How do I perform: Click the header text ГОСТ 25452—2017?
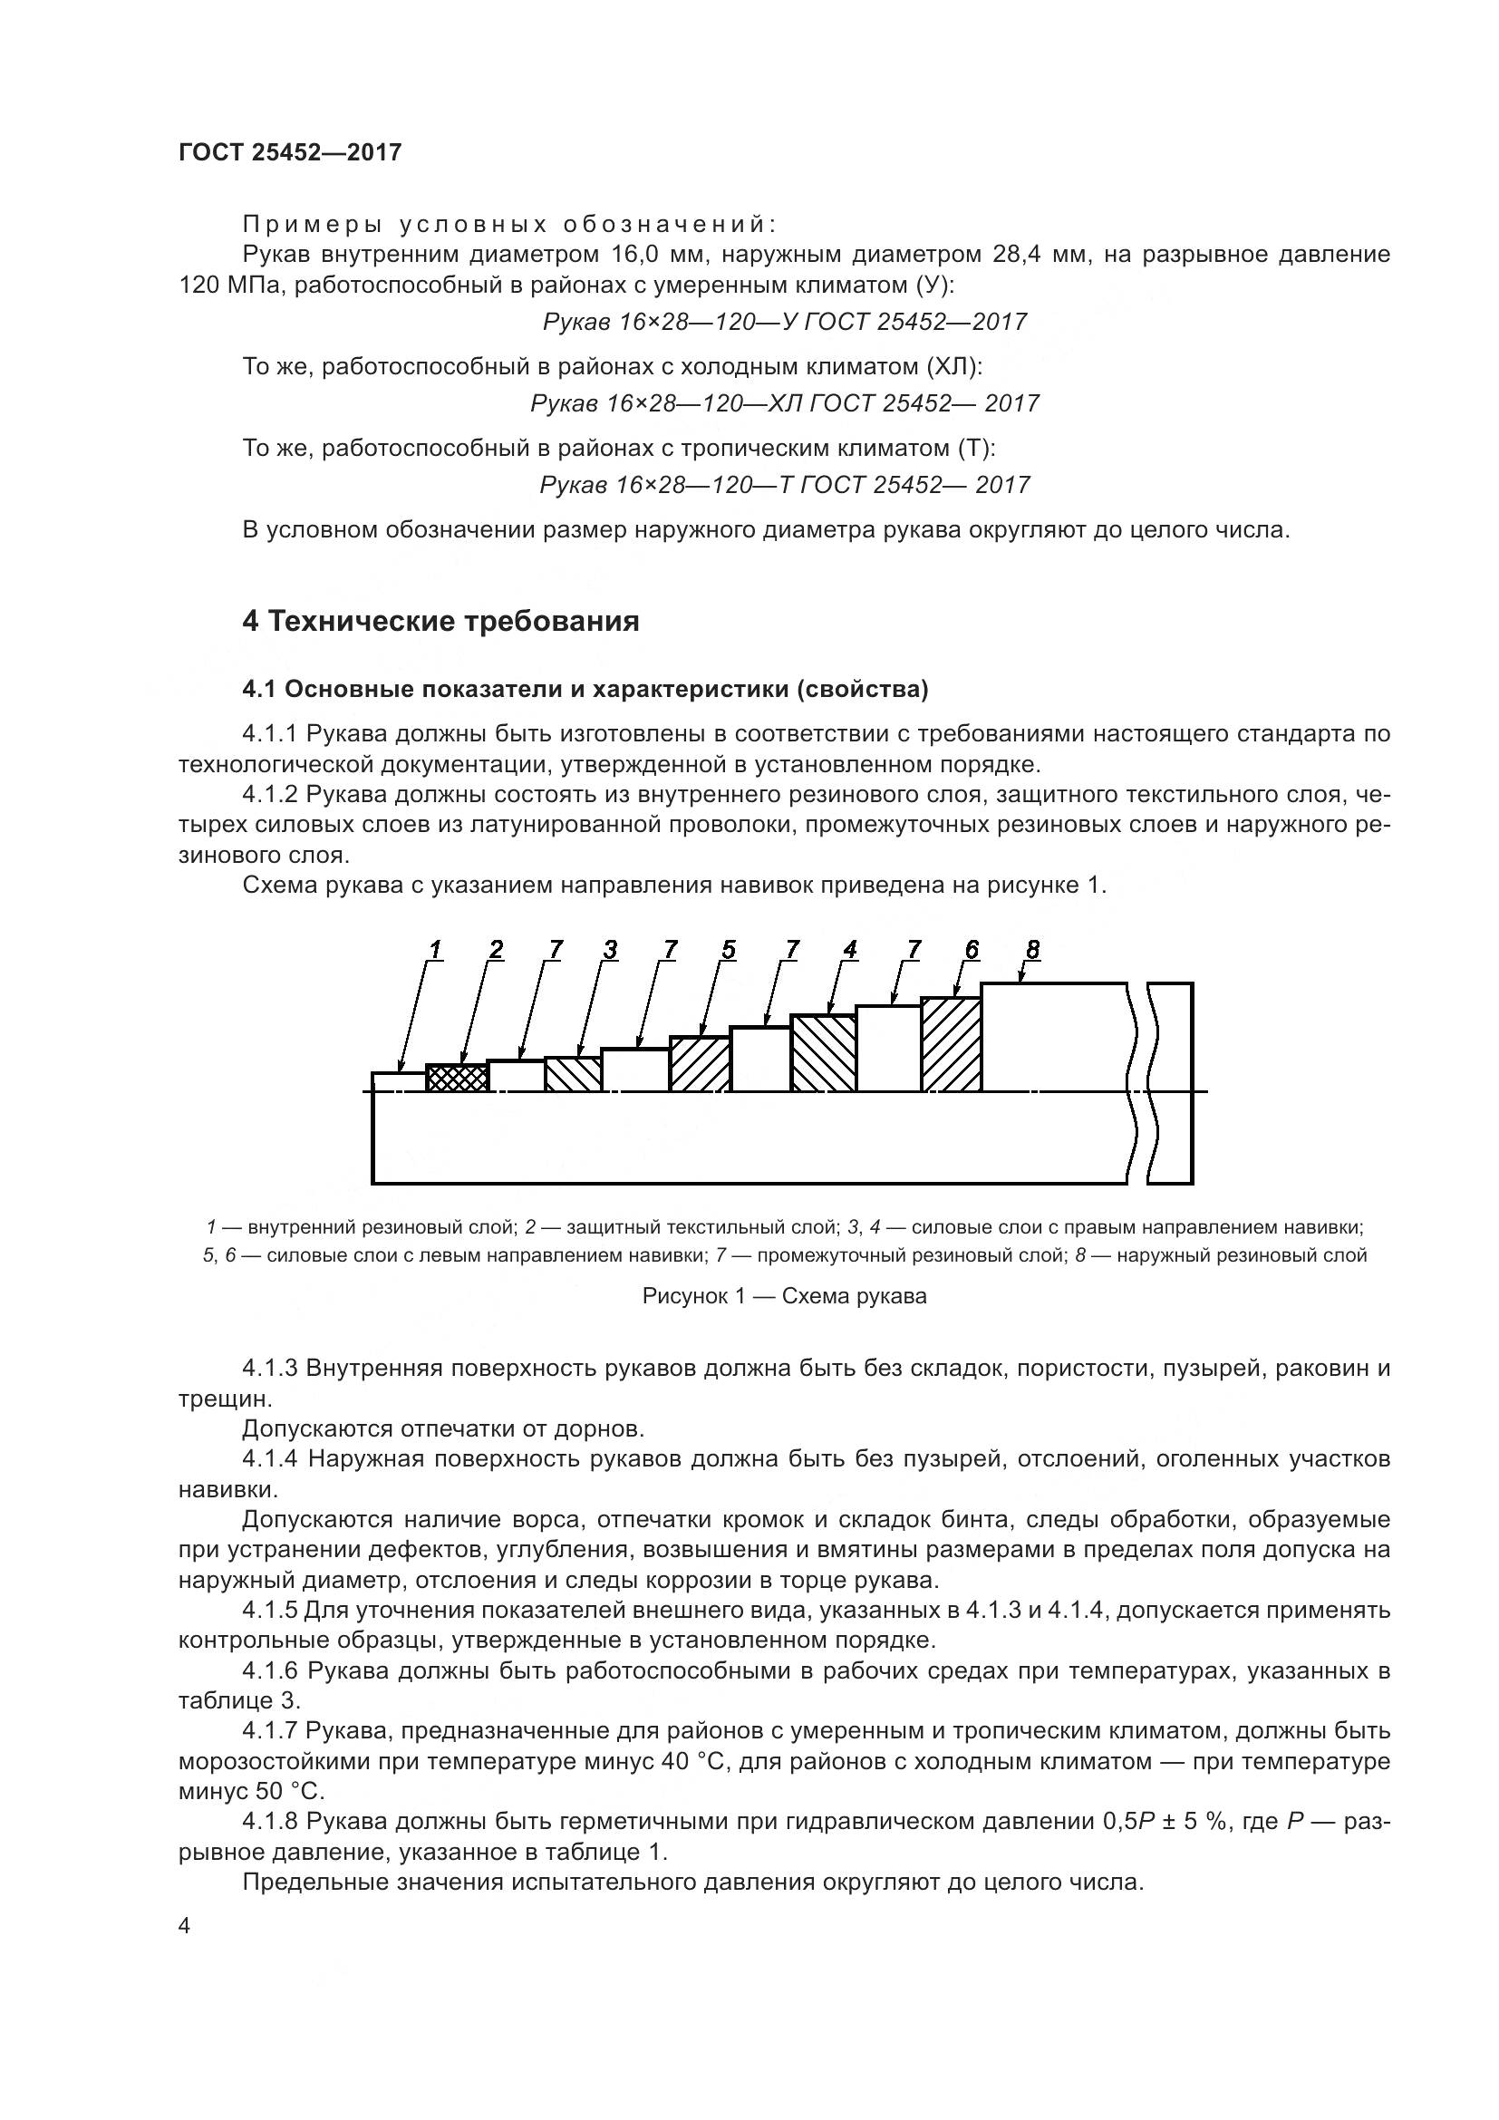pyautogui.click(x=290, y=152)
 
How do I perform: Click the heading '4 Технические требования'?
pyautogui.click(x=440, y=622)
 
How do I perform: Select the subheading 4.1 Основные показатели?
pyautogui.click(x=585, y=690)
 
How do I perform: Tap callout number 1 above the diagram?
pyautogui.click(x=435, y=949)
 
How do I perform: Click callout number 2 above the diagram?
pyautogui.click(x=497, y=949)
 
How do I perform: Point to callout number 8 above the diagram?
pyautogui.click(x=1032, y=948)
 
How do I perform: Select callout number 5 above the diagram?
pyautogui.click(x=729, y=949)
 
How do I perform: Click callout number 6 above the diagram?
pyautogui.click(x=971, y=949)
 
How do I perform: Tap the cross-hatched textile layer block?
pyautogui.click(x=457, y=1078)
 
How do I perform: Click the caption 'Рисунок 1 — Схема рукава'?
pyautogui.click(x=784, y=1296)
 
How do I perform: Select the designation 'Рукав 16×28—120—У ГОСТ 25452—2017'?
pyautogui.click(x=784, y=323)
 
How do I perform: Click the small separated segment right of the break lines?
pyautogui.click(x=1172, y=1082)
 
